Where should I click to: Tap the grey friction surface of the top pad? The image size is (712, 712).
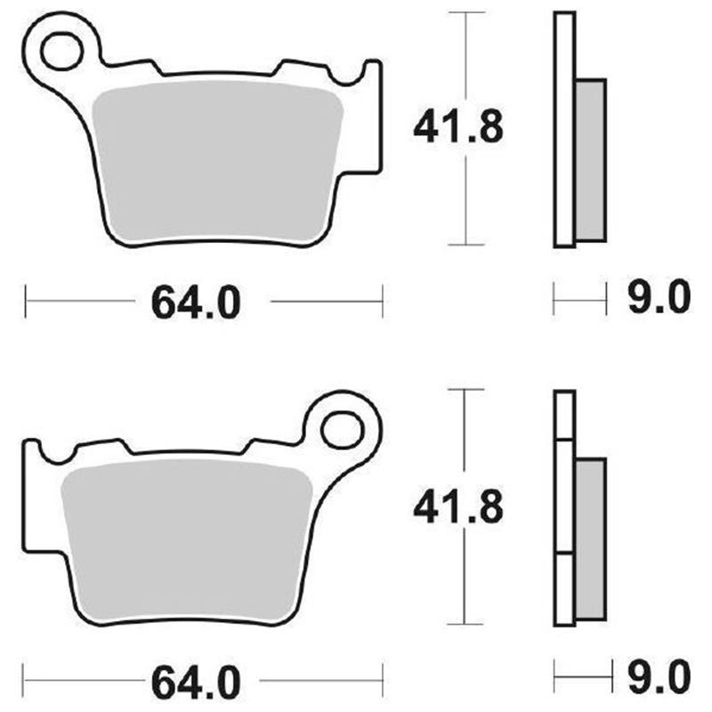tap(218, 165)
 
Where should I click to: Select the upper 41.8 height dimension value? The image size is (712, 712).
tap(458, 127)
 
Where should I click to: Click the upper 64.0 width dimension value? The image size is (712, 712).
tap(196, 303)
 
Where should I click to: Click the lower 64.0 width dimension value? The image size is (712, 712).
tap(196, 684)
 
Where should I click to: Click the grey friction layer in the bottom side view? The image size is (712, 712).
tap(590, 541)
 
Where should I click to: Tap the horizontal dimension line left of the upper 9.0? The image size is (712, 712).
tap(579, 300)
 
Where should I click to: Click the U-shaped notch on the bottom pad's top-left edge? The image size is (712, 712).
tap(56, 455)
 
